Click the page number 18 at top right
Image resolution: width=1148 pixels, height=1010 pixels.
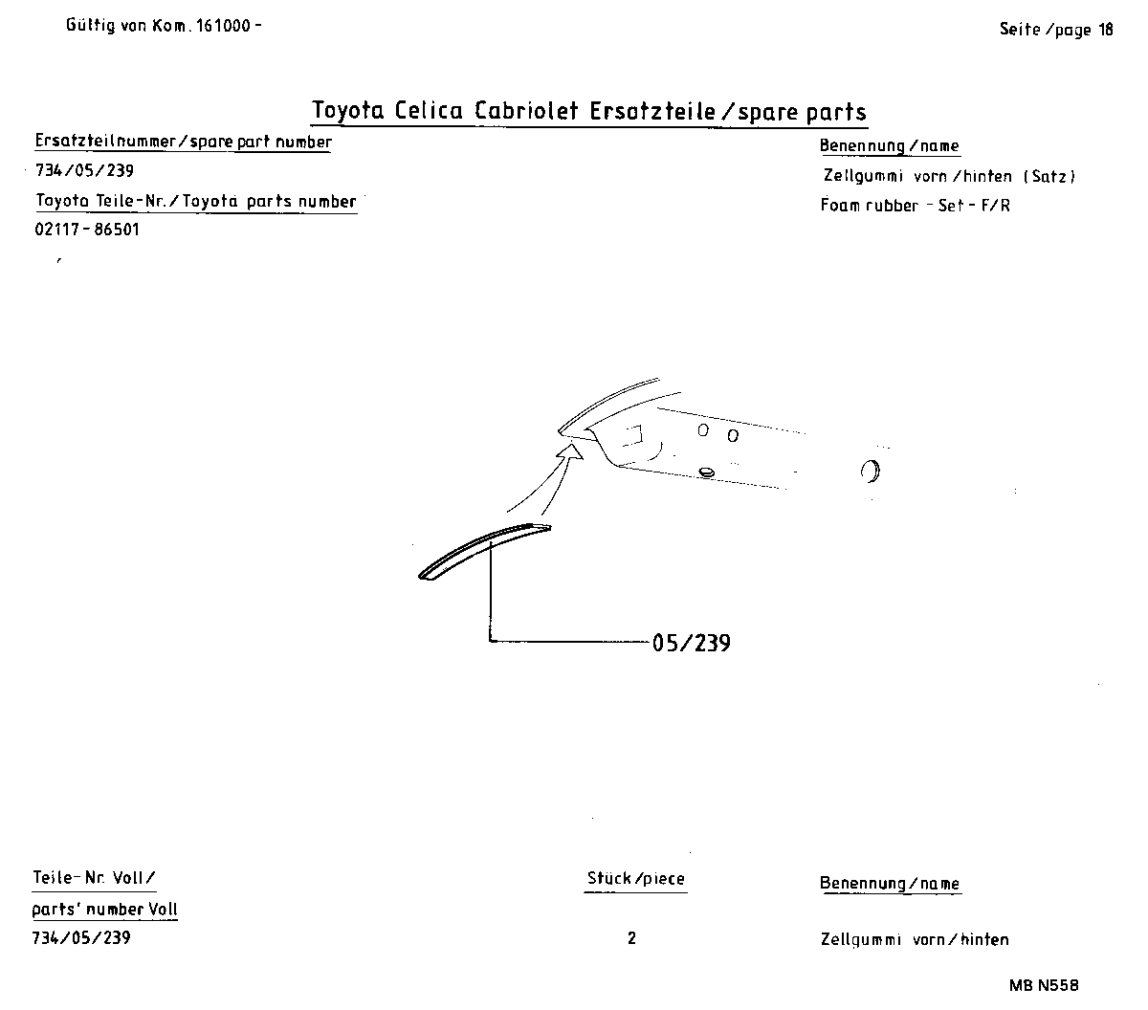point(1105,30)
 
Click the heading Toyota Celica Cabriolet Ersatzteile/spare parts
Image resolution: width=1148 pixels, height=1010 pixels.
point(589,111)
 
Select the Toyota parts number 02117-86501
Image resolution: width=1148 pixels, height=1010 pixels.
point(87,231)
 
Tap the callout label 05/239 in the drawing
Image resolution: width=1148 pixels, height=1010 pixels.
point(691,643)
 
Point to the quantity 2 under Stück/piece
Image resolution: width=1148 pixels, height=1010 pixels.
point(631,938)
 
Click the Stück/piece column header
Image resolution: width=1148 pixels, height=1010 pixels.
point(636,878)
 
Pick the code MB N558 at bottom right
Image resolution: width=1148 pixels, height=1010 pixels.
point(1043,986)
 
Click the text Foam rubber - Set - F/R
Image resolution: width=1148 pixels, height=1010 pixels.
point(915,206)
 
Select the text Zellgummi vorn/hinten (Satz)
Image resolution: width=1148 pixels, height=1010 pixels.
point(949,176)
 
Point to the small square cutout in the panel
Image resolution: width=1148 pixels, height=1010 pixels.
point(632,437)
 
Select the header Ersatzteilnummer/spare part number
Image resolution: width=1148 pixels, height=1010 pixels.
point(183,143)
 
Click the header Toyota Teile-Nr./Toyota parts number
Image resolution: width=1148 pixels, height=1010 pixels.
point(195,202)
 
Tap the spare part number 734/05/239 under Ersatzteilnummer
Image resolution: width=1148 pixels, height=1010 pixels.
point(84,172)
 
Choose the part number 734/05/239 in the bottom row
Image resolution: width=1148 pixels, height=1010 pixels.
point(81,938)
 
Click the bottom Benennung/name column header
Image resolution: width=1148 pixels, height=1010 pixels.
point(890,884)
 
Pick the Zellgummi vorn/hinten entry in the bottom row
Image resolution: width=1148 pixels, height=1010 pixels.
point(915,940)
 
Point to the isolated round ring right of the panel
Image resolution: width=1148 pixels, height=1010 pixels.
point(871,471)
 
